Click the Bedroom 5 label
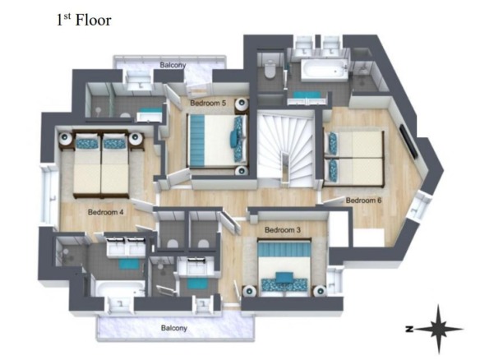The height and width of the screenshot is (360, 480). (208, 104)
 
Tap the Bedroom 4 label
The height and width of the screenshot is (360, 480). (105, 212)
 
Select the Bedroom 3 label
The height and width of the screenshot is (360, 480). (283, 229)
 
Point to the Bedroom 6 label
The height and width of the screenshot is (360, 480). (363, 201)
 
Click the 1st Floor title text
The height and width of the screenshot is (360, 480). (84, 21)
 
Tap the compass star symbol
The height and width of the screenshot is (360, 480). (439, 330)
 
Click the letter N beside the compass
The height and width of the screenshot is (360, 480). (409, 330)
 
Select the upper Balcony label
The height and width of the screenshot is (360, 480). (173, 65)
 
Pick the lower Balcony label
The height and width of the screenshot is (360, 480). (174, 328)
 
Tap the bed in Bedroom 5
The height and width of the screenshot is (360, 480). (217, 141)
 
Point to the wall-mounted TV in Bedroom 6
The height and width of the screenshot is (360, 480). (408, 141)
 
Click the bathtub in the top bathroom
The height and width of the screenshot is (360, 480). (324, 71)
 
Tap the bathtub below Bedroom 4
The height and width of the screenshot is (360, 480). (120, 289)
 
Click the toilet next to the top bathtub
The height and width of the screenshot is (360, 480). (270, 70)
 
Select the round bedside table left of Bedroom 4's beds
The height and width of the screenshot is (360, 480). (66, 139)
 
